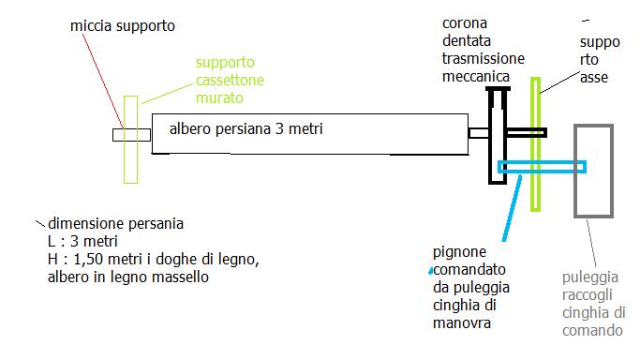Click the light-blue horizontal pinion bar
(542, 167)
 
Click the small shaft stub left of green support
(117, 134)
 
